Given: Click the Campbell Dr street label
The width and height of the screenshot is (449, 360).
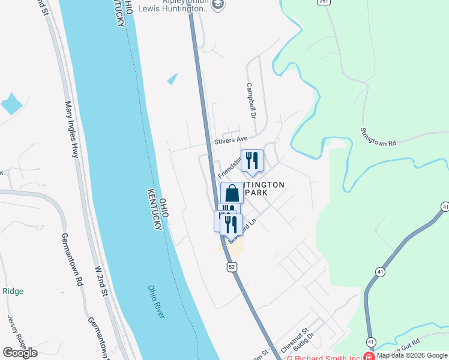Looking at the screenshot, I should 251,100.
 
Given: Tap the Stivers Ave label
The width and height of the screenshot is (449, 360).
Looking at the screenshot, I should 231,140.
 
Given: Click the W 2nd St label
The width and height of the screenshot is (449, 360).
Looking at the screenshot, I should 100,280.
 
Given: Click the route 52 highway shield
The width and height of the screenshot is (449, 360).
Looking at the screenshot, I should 231,266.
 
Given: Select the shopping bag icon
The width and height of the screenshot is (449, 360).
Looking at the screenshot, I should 232,194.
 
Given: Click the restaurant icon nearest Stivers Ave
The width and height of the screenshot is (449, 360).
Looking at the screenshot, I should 252,160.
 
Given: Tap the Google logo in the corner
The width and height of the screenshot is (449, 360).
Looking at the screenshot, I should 20,353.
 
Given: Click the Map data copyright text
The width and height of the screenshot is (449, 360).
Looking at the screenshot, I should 412,355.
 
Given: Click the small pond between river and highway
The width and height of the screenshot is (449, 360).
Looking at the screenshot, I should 172,79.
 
